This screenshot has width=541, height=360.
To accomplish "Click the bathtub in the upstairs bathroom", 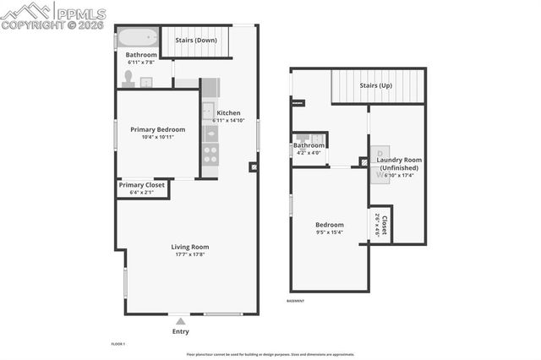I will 137,37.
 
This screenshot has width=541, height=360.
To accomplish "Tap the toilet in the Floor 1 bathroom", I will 128,79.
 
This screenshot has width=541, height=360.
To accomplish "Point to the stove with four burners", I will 210,155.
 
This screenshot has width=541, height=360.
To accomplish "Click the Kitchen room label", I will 228,113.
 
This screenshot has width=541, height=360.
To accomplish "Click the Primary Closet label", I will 142,185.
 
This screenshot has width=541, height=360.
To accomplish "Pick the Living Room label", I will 189,247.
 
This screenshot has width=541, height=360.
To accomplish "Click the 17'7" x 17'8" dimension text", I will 189,254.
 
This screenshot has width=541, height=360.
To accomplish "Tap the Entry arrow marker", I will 180,321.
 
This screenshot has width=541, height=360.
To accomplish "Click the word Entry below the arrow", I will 180,331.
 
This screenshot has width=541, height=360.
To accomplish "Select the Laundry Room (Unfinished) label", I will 399,164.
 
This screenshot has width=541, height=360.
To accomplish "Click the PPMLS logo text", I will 80,14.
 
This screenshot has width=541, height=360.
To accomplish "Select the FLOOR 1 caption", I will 118,344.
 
